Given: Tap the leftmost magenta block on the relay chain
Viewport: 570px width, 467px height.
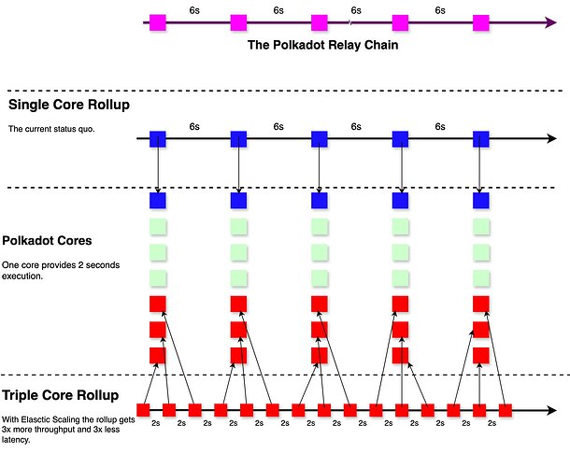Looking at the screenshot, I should [157, 21].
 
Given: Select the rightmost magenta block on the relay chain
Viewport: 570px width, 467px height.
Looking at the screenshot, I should [481, 21].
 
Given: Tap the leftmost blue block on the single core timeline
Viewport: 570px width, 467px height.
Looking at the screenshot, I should [157, 139].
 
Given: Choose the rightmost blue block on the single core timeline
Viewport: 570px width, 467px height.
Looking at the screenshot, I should [481, 139].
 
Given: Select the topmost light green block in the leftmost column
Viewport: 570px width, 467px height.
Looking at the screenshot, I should [157, 226].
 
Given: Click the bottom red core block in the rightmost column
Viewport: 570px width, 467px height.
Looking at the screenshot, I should [481, 355].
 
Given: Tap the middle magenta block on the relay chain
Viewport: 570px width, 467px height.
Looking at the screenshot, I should [320, 21].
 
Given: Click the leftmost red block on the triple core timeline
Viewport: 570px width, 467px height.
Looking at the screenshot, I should [144, 409].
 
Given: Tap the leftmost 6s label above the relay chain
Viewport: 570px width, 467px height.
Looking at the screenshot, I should [193, 8].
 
